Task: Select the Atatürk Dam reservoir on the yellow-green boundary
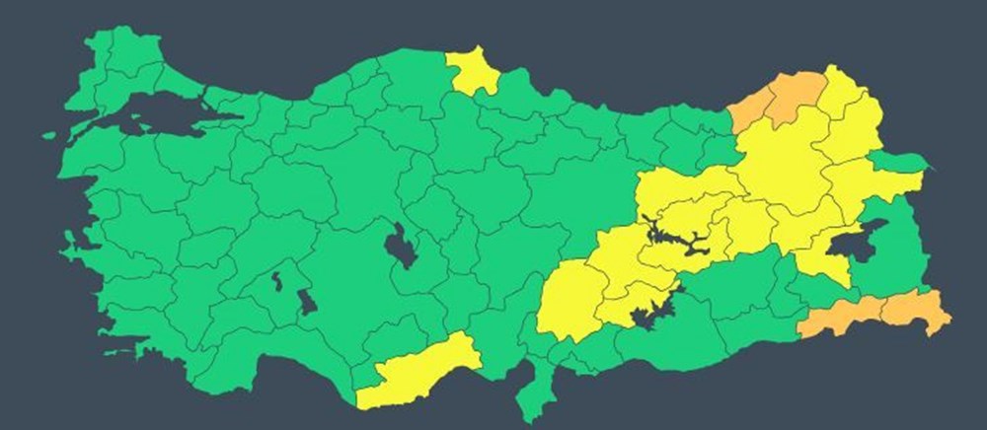(650, 315)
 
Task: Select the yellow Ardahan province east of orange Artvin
(844, 94)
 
